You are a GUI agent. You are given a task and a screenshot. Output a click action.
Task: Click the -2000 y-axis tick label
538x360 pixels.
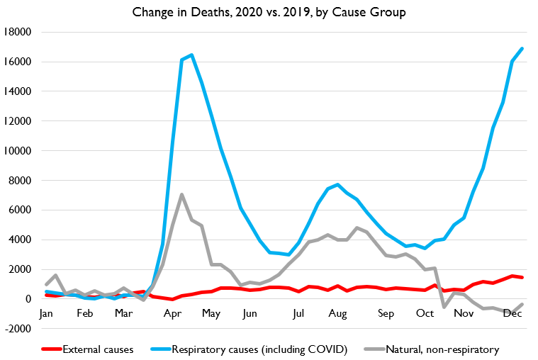click(x=20, y=328)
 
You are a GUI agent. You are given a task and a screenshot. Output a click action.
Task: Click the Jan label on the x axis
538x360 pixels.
click(x=46, y=313)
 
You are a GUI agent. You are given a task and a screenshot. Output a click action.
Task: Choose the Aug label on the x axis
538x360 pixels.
click(x=337, y=313)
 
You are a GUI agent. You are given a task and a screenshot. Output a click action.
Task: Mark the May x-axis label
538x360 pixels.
click(x=211, y=313)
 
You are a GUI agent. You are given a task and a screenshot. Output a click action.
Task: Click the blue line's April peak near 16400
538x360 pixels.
click(x=191, y=55)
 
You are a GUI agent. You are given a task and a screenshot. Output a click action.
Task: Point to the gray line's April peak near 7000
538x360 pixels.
click(x=182, y=194)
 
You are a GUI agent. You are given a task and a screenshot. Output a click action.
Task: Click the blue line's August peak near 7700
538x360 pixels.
click(x=337, y=184)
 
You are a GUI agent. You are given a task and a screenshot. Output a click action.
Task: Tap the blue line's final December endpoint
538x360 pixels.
click(x=522, y=48)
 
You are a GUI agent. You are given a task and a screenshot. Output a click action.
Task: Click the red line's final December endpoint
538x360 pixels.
click(x=522, y=277)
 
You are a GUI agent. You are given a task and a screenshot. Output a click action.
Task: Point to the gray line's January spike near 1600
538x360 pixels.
click(x=55, y=275)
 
